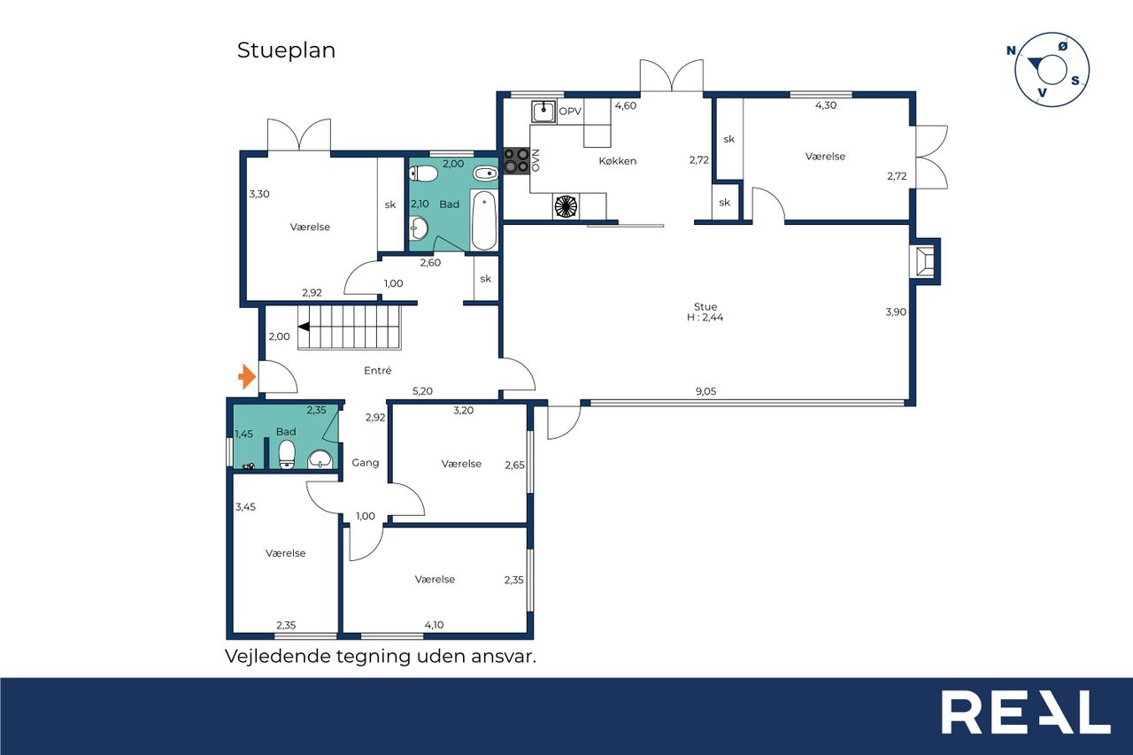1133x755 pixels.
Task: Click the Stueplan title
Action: pos(286,50)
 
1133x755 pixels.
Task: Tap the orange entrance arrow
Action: pos(247,377)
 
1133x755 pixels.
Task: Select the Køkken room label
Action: pos(618,161)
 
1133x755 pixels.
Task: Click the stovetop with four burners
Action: pos(516,160)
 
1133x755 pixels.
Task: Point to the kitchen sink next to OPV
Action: pos(543,112)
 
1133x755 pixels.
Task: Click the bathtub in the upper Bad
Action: pos(484,220)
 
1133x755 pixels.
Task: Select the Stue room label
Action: pos(705,306)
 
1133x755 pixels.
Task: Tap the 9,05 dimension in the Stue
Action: pos(705,391)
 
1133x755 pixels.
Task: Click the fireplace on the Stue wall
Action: pos(925,261)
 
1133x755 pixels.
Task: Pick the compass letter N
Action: pos(1011,50)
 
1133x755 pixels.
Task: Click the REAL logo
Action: pos(1026,713)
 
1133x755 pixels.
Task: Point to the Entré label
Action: pos(377,371)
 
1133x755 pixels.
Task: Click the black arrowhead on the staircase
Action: pos(304,327)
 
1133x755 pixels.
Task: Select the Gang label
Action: pos(366,463)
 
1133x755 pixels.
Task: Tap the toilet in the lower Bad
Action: pos(287,455)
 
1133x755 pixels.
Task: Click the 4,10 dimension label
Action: pos(434,625)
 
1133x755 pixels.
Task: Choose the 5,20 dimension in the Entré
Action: pos(422,391)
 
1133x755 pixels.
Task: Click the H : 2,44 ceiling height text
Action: pos(705,318)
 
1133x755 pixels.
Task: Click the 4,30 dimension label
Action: pos(826,105)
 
